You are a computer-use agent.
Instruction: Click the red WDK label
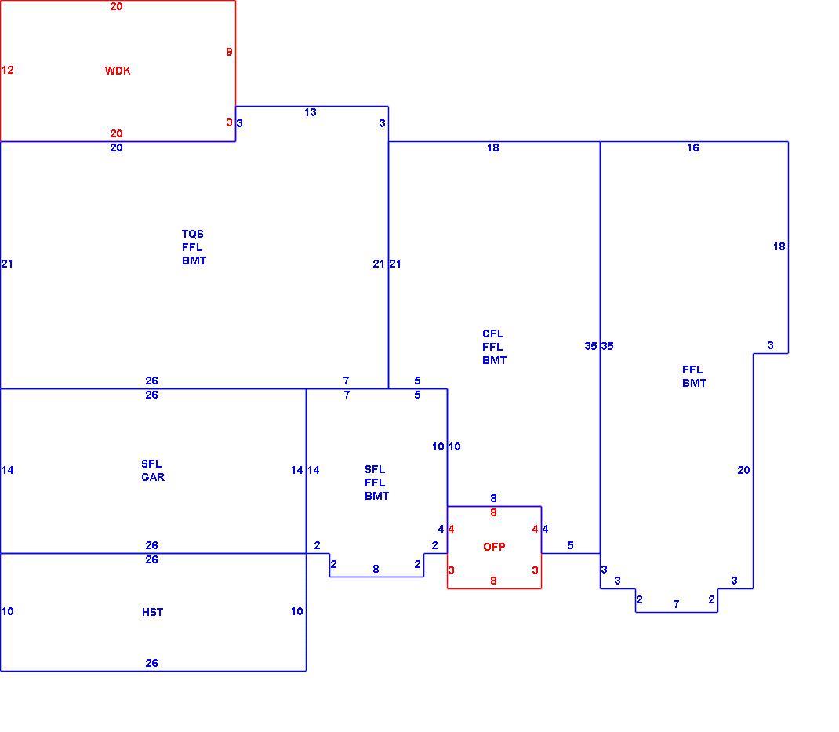[118, 71]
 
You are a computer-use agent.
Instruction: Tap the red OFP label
[494, 547]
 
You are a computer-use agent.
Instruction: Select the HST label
[152, 612]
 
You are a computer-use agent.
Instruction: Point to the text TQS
[193, 234]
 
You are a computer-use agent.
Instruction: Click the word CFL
[492, 333]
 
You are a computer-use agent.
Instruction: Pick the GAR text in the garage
[153, 477]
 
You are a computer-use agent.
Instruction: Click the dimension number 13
[311, 112]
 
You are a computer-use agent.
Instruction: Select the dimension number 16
[693, 147]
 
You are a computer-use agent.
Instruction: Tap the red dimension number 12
[8, 70]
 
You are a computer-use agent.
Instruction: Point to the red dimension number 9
[229, 52]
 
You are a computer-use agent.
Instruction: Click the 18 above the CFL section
[492, 147]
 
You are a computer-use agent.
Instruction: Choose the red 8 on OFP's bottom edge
[493, 581]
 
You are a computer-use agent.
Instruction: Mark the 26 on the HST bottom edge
[151, 663]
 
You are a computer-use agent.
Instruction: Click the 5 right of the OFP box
[570, 545]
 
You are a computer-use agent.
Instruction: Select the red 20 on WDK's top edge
[116, 6]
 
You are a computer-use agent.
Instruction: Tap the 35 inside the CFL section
[590, 346]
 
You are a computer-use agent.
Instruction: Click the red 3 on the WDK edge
[229, 122]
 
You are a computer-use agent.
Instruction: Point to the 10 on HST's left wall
[8, 611]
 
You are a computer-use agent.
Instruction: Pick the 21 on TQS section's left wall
[7, 264]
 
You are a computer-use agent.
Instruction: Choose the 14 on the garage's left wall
[8, 470]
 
